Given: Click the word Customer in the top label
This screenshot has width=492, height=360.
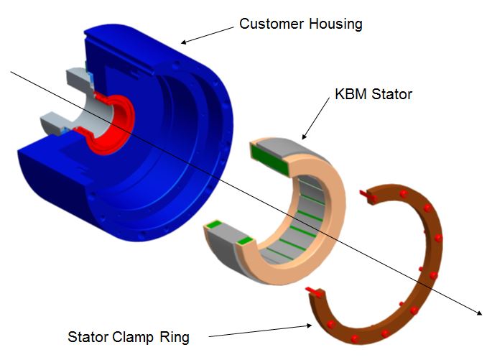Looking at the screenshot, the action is [x=271, y=24].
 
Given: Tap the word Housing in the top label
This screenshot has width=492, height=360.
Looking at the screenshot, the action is [x=335, y=24].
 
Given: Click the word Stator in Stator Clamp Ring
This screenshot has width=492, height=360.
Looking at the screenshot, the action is [x=88, y=337].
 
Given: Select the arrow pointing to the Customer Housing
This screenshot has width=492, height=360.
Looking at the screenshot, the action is [x=208, y=35].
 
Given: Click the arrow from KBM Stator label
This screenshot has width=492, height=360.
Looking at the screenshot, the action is [x=315, y=118].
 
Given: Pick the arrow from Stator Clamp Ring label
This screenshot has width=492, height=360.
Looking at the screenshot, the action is [x=261, y=331].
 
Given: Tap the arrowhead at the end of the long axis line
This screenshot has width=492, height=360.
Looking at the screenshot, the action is [x=480, y=313].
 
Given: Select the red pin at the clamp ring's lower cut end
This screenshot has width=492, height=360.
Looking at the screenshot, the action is [x=314, y=292].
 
